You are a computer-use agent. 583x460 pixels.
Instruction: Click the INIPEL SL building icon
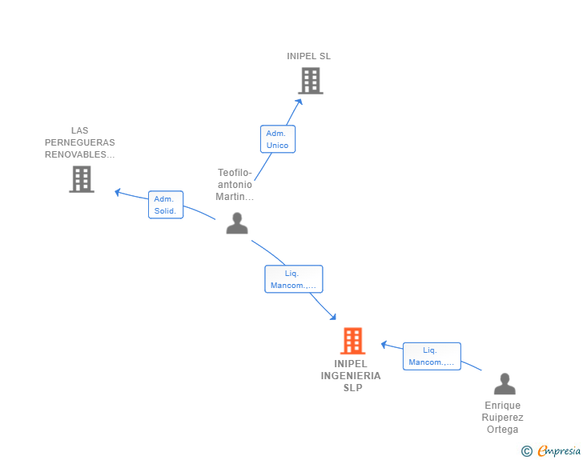(x=310, y=81)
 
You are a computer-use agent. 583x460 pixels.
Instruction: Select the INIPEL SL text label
(x=308, y=56)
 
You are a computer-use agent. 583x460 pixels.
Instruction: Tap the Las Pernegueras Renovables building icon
(x=81, y=179)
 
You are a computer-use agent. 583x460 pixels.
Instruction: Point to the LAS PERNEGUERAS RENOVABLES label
(x=80, y=142)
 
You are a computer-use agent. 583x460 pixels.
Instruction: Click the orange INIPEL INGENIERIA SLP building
(x=352, y=341)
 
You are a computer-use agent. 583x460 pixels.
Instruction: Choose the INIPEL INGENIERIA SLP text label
(x=351, y=376)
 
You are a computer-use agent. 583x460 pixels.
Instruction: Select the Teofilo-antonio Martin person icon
(x=236, y=223)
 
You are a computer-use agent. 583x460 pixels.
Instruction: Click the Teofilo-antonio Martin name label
(x=235, y=185)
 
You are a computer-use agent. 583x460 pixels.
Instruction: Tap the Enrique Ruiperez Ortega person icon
(x=505, y=384)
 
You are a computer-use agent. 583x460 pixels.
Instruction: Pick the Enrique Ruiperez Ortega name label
(x=503, y=418)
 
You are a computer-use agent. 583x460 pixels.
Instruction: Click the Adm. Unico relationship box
(x=278, y=139)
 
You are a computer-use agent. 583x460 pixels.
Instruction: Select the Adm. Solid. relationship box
(x=166, y=205)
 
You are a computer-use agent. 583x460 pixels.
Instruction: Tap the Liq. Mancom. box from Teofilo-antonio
(x=293, y=279)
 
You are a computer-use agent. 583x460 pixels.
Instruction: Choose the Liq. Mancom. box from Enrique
(x=432, y=356)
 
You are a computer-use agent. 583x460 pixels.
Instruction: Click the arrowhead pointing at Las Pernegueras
(x=118, y=191)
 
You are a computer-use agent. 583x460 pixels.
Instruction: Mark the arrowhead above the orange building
(x=332, y=317)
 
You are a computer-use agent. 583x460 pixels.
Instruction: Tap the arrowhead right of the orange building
(x=384, y=344)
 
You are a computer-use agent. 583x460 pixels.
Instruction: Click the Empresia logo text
(x=559, y=451)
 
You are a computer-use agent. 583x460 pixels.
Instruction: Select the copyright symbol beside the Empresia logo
(x=526, y=451)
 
